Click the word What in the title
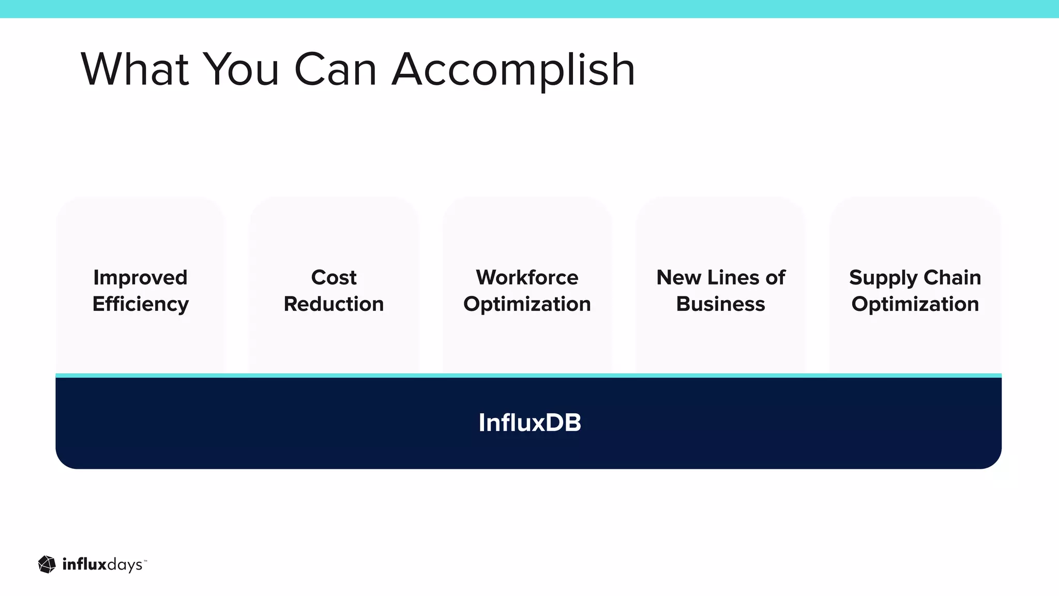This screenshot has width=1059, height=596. click(x=134, y=69)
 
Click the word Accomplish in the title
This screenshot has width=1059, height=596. click(x=513, y=70)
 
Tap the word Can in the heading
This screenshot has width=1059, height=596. click(x=335, y=69)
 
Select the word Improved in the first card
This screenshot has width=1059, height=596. click(x=140, y=278)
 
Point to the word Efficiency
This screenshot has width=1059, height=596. click(x=140, y=304)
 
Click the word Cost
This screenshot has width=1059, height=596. click(x=334, y=278)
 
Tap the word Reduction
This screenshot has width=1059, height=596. click(x=334, y=304)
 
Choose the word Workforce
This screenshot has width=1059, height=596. click(x=527, y=278)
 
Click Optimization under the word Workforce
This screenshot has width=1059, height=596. click(x=527, y=304)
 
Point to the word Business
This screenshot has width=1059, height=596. click(x=720, y=304)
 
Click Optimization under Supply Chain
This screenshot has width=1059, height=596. click(x=915, y=304)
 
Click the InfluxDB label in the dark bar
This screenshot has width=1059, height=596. click(x=529, y=423)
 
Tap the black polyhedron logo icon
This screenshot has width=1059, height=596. click(x=47, y=564)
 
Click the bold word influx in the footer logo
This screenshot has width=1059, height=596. click(x=84, y=564)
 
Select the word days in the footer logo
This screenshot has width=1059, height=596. click(x=124, y=565)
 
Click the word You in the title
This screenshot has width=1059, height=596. click(x=241, y=69)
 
